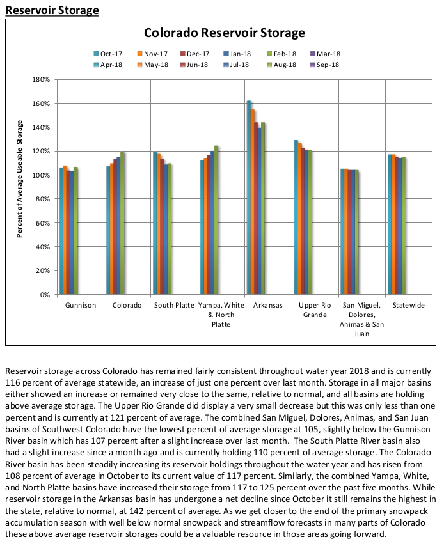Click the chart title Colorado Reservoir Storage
(224, 33)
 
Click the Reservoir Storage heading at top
(52, 10)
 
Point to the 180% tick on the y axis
(42, 80)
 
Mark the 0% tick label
(45, 295)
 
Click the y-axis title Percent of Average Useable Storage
(20, 187)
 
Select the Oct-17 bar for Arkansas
(249, 198)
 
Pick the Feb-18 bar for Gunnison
(75, 231)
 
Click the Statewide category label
(408, 306)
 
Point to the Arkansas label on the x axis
(267, 306)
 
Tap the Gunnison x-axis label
(80, 306)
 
